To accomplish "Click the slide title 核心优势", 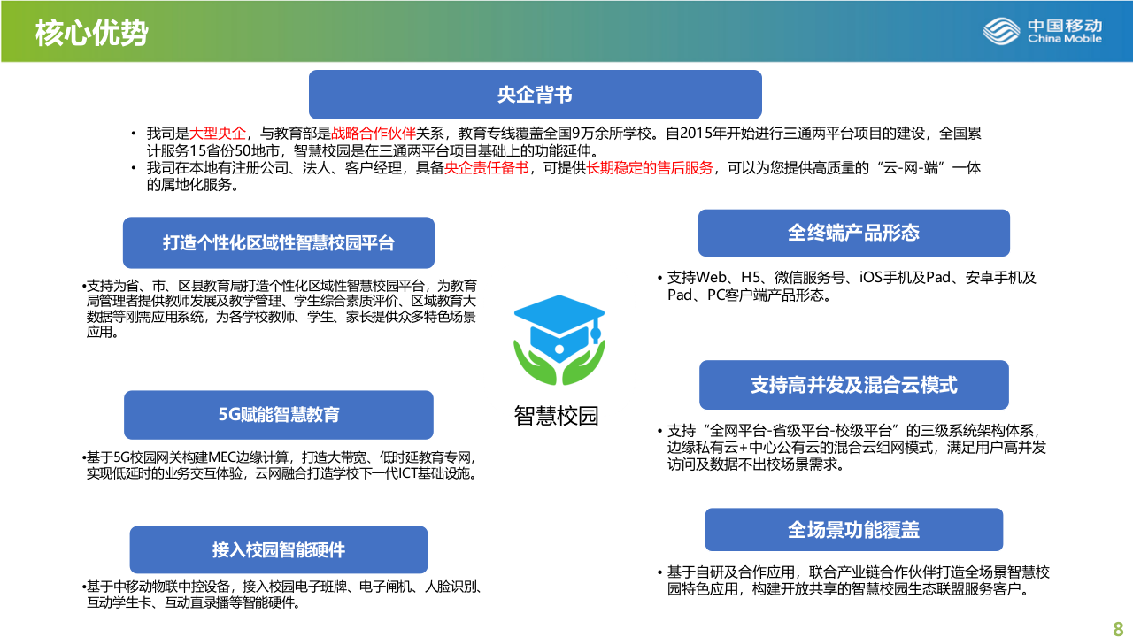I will (91, 33).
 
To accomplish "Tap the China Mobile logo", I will (1042, 31).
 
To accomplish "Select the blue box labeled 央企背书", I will (535, 95).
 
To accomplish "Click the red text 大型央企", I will (219, 134).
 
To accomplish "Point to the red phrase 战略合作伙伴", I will (374, 134).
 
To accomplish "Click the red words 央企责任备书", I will (487, 168).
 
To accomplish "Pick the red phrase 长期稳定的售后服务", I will (650, 168).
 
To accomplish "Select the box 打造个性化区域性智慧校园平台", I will (279, 243).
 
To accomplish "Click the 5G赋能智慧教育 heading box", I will (279, 415).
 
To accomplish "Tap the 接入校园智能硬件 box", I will (279, 550).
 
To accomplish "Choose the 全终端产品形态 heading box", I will (853, 233).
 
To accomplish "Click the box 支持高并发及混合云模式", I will (853, 385).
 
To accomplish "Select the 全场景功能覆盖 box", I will (853, 530).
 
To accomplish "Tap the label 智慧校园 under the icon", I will (557, 416).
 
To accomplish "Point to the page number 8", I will (1117, 628).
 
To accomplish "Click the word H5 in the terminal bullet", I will (751, 278).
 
